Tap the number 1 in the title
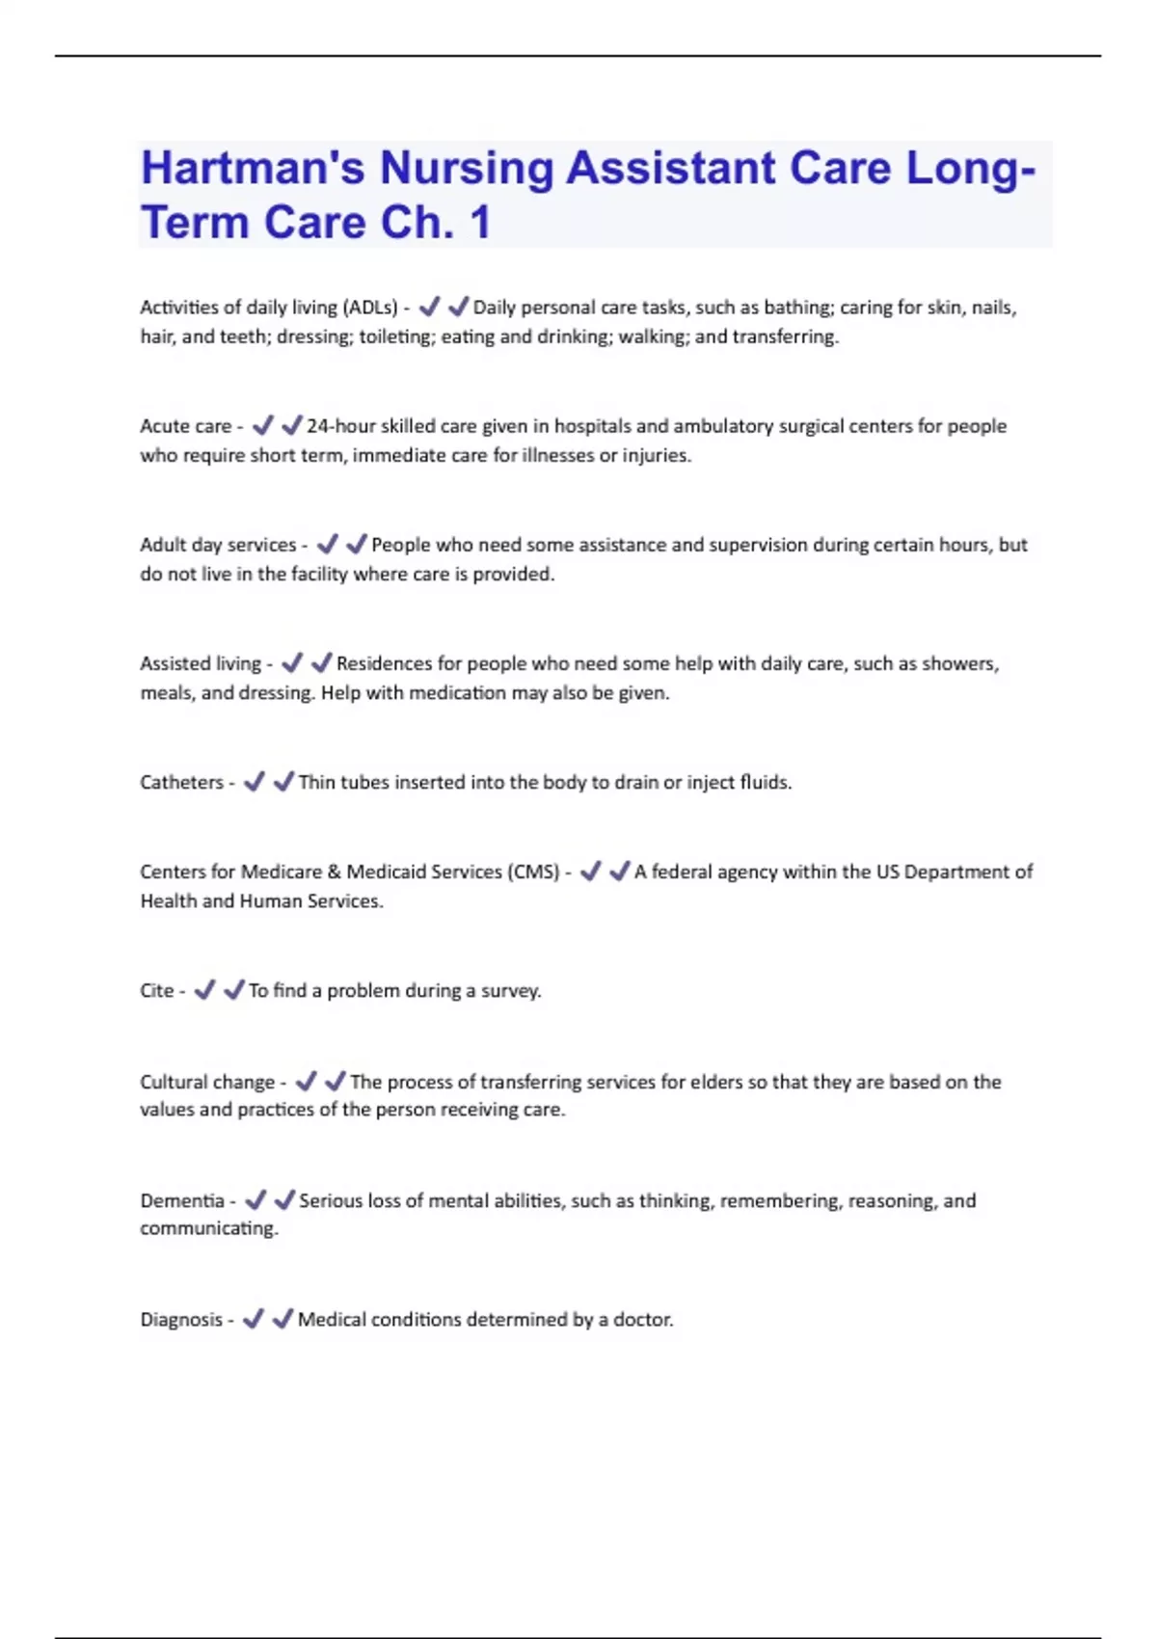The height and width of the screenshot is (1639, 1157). (x=480, y=224)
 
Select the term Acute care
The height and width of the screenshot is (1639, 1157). (x=185, y=426)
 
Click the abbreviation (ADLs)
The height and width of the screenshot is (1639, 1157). (x=369, y=308)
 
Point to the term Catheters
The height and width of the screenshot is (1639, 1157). (x=181, y=782)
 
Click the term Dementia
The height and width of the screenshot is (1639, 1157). (x=181, y=1200)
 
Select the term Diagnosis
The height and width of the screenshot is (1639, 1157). (x=180, y=1319)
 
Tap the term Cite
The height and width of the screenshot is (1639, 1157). (x=156, y=990)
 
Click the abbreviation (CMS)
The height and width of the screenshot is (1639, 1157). (x=532, y=872)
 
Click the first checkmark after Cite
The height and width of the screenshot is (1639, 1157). (x=204, y=990)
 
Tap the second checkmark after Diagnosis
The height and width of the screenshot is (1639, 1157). (x=283, y=1319)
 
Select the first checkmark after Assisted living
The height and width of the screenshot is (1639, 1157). (x=292, y=663)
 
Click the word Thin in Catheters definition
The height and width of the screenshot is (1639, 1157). (x=316, y=782)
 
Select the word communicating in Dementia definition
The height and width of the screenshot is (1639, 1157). (x=208, y=1228)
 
